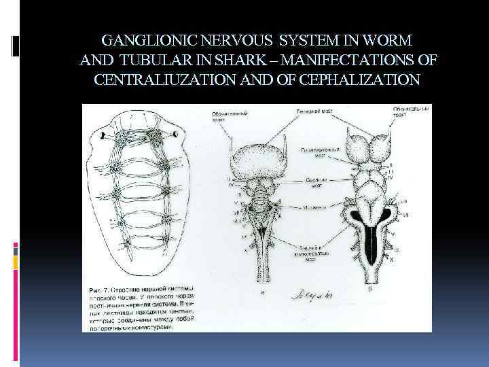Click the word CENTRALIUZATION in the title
point(166,80)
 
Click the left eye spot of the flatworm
point(103,136)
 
